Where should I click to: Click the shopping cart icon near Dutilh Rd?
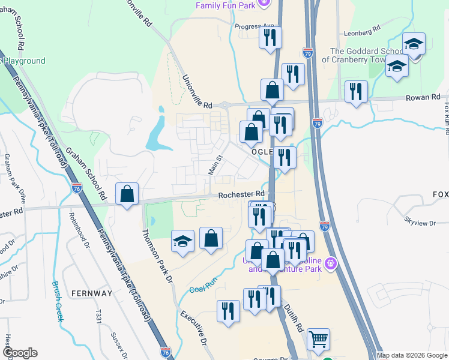(318, 339)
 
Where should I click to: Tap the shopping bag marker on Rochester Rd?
(127, 194)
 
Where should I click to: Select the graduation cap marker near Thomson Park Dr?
(182, 241)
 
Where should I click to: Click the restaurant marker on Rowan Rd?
(357, 92)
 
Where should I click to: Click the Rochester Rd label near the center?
(241, 194)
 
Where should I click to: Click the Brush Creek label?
(57, 301)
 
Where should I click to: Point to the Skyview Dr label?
(420, 223)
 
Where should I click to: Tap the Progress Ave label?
(254, 26)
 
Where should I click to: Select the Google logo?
(19, 353)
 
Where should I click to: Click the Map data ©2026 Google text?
(412, 355)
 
